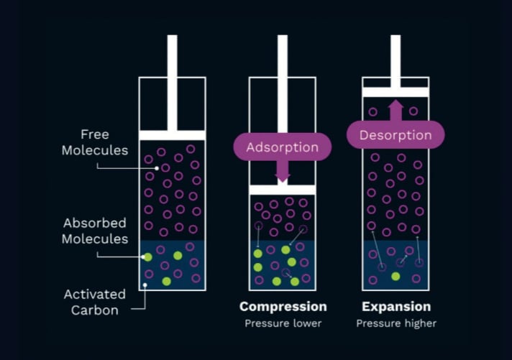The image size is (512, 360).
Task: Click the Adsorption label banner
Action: (x=282, y=147)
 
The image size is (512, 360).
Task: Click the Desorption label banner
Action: (x=395, y=134)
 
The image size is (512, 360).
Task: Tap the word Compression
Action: (x=283, y=307)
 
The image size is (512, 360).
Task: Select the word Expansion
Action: (x=396, y=307)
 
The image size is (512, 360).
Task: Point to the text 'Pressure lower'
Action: (x=283, y=323)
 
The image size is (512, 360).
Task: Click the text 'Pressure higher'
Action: (x=396, y=323)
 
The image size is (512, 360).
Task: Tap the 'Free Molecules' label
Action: (x=94, y=142)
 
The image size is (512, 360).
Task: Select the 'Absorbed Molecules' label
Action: (x=94, y=231)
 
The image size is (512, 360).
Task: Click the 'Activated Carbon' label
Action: (x=94, y=302)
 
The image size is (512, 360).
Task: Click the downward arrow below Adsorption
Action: (x=282, y=172)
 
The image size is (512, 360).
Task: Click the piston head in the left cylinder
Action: (x=172, y=135)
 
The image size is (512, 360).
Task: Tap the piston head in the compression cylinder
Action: (x=282, y=190)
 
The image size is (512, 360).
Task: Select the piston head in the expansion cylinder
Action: (x=395, y=92)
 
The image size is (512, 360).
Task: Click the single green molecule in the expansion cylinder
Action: (x=395, y=276)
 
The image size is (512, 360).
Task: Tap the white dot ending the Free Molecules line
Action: (x=157, y=168)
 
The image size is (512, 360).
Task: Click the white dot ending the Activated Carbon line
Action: (x=146, y=285)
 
